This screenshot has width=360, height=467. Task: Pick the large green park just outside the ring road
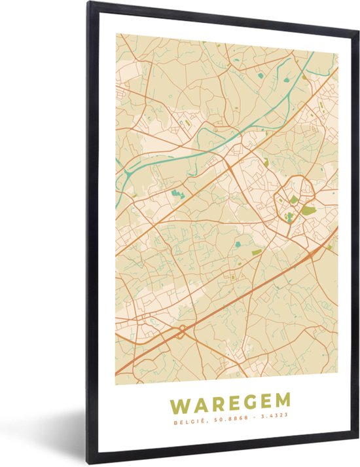point(308,210)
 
